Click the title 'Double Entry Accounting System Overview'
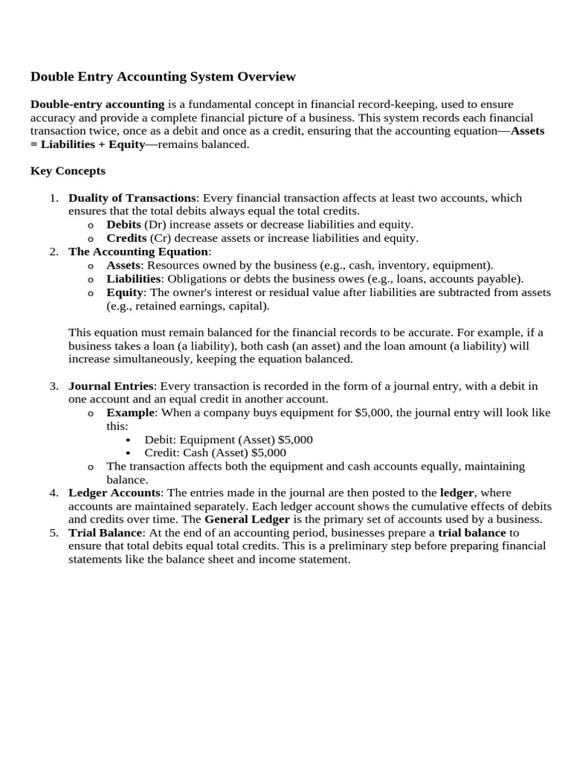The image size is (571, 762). [x=163, y=77]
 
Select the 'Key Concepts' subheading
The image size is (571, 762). [x=68, y=171]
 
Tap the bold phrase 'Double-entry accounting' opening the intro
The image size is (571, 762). [x=97, y=104]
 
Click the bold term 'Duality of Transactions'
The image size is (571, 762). [x=132, y=198]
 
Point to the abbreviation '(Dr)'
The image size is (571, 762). [x=155, y=225]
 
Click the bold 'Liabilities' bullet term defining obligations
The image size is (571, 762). [x=134, y=278]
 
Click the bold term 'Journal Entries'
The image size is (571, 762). [x=111, y=386]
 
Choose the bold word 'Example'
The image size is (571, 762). [x=131, y=413]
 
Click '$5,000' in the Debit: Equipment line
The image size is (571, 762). [x=295, y=440]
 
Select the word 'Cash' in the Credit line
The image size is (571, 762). [x=196, y=453]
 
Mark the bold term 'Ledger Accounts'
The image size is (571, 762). [x=114, y=493]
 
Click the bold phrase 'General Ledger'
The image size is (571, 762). [x=247, y=519]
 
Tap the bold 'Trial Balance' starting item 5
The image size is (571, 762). [x=104, y=533]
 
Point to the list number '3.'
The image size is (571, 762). [x=54, y=386]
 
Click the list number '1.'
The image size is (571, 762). [x=54, y=198]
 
